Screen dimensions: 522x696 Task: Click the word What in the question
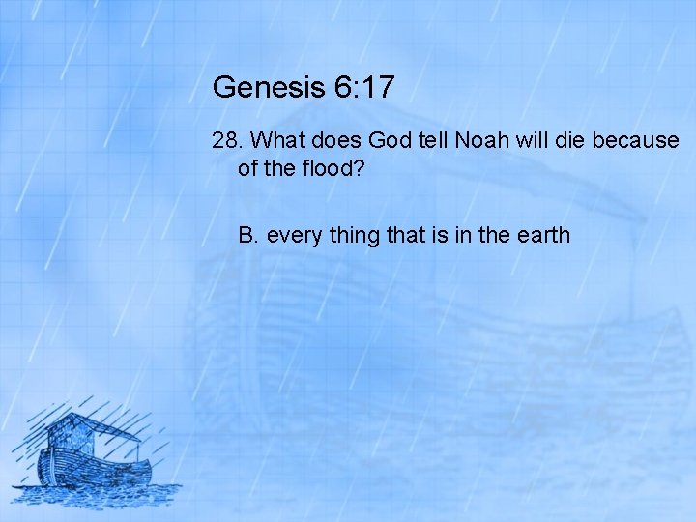(x=278, y=140)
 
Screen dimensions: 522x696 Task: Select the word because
(x=635, y=140)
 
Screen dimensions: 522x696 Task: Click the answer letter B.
(x=247, y=235)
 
